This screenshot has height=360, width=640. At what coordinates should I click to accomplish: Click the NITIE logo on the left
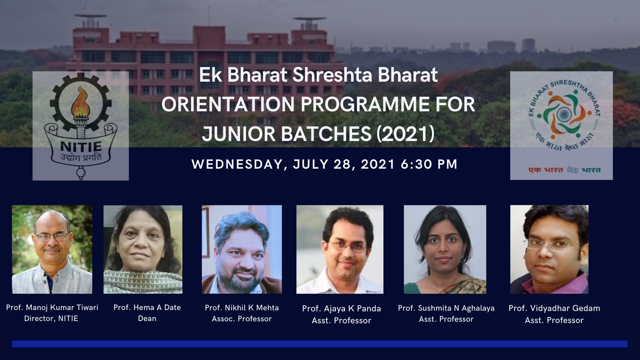[81, 126]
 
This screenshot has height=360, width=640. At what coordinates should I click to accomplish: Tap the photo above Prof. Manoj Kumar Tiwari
[52, 249]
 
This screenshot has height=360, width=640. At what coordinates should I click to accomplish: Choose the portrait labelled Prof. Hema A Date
[143, 249]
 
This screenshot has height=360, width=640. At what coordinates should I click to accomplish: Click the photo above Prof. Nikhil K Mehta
[242, 249]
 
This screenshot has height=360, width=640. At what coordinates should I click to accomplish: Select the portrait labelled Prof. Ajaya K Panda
[340, 249]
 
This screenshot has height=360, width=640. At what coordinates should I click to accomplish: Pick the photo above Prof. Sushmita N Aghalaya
[445, 249]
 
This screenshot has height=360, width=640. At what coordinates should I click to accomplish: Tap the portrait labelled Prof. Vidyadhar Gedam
[549, 249]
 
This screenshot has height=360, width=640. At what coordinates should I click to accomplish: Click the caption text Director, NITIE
[51, 319]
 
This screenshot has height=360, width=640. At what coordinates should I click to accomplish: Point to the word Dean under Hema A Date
[147, 319]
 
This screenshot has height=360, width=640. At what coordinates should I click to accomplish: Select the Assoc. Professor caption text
[242, 319]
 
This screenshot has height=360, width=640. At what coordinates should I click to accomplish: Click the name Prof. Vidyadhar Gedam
[554, 308]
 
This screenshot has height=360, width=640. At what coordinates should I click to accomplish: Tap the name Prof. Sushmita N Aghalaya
[446, 308]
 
